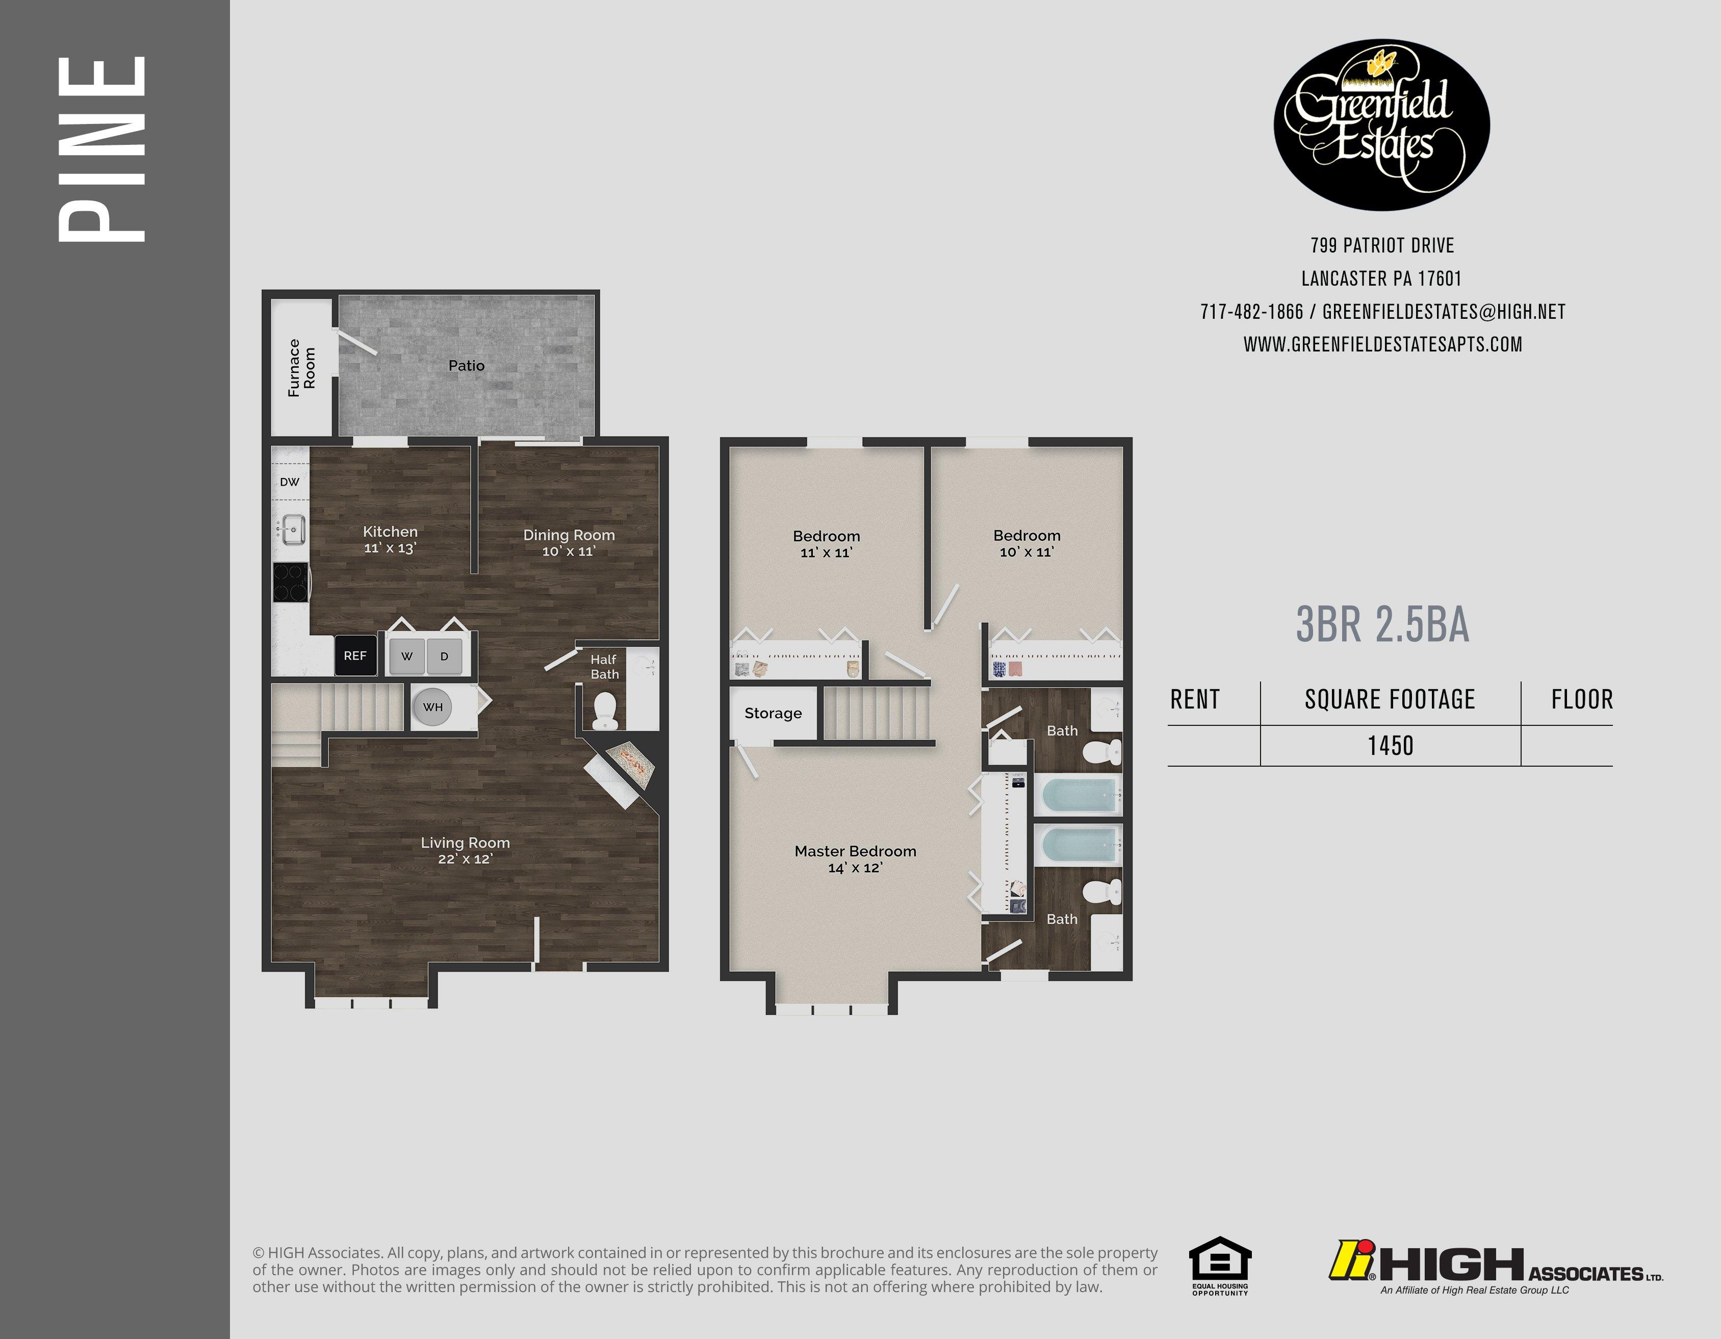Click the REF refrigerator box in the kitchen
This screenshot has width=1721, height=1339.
(x=355, y=655)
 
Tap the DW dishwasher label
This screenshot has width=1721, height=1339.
(x=289, y=482)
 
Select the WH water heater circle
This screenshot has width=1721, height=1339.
(x=432, y=707)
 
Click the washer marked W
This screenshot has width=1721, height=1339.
(x=406, y=655)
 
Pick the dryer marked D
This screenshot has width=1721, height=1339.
(x=444, y=655)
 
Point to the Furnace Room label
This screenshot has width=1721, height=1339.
(x=301, y=367)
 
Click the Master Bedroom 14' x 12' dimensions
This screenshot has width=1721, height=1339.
(x=855, y=868)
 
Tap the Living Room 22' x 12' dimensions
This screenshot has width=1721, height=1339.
(x=465, y=859)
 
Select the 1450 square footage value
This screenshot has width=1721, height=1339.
(x=1390, y=746)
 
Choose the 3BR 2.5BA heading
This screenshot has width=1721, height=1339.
(x=1382, y=625)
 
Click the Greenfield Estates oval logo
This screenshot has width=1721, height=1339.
(x=1381, y=124)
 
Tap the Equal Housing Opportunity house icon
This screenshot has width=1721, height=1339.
(x=1219, y=1259)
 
